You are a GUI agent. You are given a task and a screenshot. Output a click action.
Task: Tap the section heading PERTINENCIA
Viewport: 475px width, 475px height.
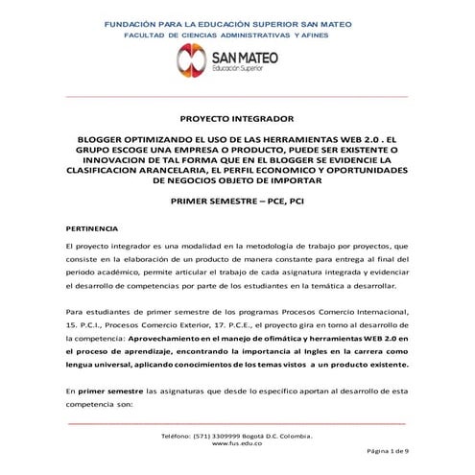[92, 228]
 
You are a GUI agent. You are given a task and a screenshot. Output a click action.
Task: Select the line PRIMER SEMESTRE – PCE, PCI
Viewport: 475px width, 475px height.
[237, 204]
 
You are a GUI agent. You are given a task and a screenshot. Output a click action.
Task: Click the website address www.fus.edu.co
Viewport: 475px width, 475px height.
[237, 443]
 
